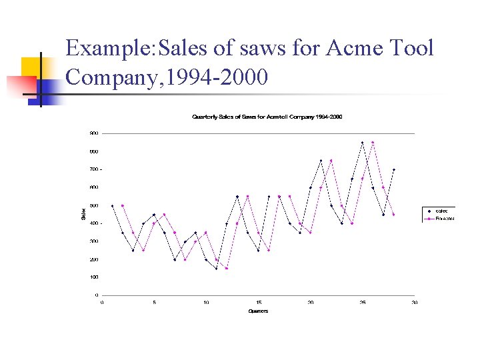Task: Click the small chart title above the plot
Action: click(267, 117)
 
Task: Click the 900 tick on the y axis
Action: click(94, 133)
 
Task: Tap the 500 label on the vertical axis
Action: click(94, 205)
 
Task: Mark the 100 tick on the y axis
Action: click(94, 277)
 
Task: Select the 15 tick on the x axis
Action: click(259, 302)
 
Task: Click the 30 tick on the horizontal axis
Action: click(415, 302)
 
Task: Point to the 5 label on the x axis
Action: click(154, 302)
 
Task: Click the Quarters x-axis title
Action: click(258, 311)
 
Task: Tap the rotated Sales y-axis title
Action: click(83, 214)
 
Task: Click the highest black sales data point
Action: click(362, 143)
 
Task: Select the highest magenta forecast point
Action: click(373, 143)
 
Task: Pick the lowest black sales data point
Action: click(217, 269)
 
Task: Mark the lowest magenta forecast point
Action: click(227, 269)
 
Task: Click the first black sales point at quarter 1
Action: click(113, 205)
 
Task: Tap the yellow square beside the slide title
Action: click(31, 69)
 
